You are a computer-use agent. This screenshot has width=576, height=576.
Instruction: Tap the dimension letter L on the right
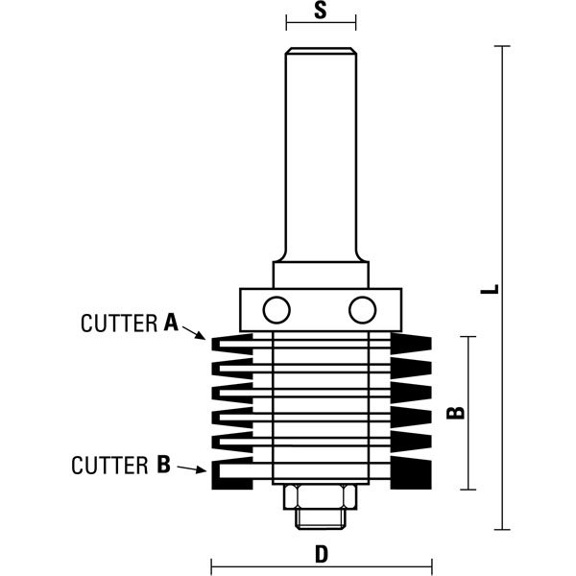490,289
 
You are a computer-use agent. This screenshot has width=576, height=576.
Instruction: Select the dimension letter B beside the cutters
458,413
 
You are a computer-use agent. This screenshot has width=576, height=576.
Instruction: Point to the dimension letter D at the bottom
322,554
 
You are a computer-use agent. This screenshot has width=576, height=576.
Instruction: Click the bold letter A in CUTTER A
172,324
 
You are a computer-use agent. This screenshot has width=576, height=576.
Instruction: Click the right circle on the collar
363,309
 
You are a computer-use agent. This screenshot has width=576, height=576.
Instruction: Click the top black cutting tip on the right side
416,344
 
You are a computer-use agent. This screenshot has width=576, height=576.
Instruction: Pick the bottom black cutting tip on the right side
420,474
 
